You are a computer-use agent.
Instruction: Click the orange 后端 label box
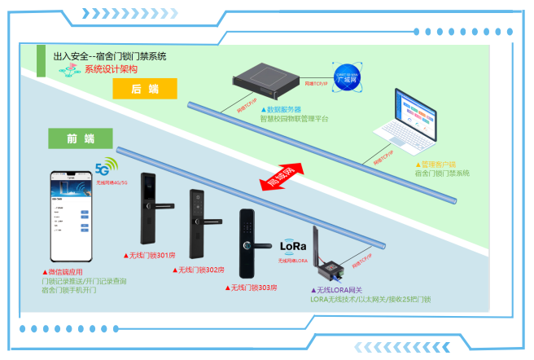tap(145, 90)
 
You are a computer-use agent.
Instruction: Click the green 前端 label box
tap(77, 138)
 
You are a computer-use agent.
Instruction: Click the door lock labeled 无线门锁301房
tap(150, 209)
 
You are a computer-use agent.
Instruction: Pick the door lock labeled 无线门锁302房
tap(199, 224)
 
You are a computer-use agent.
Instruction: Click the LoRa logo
tap(292, 247)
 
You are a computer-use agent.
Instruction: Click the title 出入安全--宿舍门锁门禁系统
tap(109, 56)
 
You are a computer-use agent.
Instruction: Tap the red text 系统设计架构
tap(112, 69)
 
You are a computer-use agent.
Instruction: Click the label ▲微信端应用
tap(63, 272)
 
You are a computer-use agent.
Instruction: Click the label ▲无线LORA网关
tap(339, 289)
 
